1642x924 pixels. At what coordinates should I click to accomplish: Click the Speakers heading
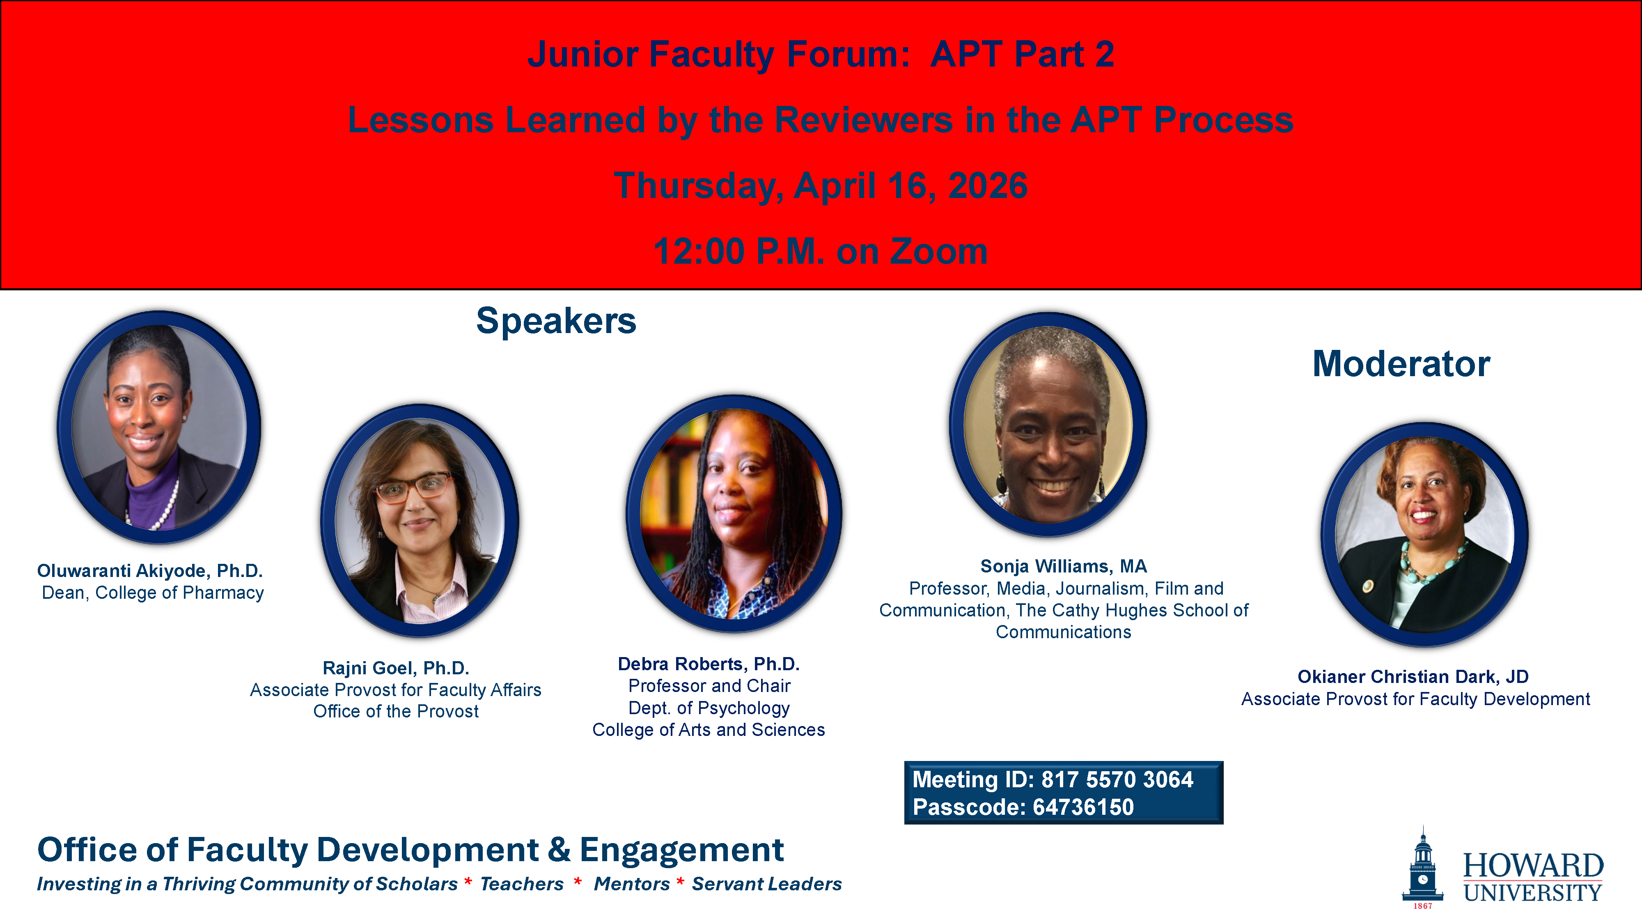tap(556, 321)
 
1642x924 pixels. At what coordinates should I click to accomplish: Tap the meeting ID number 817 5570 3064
tap(1117, 779)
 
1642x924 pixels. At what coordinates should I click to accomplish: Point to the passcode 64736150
tap(1083, 807)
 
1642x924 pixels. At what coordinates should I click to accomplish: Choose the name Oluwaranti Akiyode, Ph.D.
tap(150, 571)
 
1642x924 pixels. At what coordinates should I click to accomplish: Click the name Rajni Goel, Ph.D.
tap(396, 668)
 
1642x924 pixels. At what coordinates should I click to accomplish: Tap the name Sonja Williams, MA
tap(1063, 566)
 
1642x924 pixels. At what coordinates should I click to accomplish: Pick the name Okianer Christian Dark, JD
tap(1413, 677)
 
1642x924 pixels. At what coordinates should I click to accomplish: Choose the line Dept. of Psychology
tap(709, 708)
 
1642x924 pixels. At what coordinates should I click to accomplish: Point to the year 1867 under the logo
tap(1423, 906)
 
